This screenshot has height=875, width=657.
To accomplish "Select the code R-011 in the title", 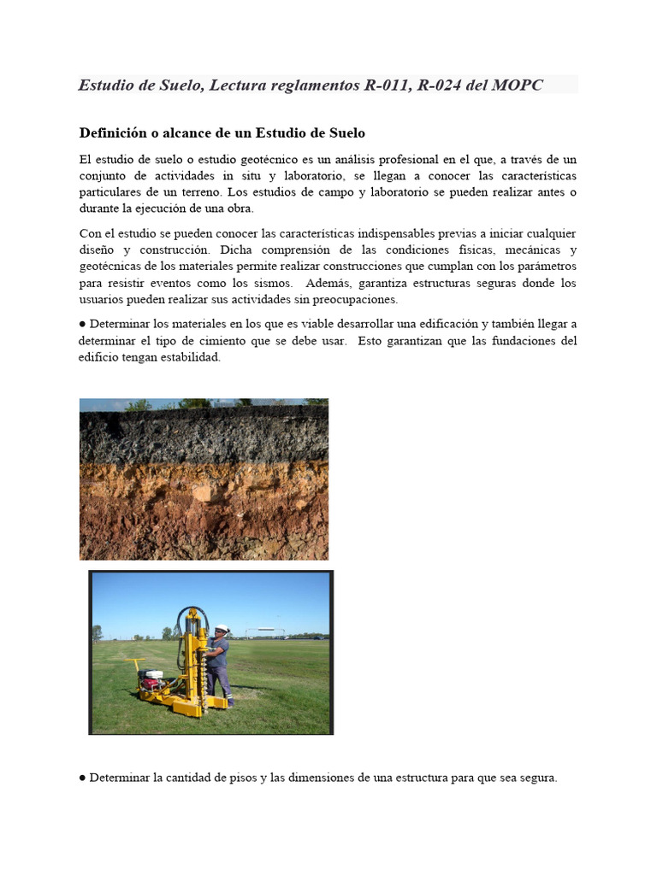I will coord(385,85).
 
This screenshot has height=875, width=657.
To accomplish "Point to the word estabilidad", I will coord(192,357).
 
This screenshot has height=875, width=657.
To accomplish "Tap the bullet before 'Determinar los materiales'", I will coord(83,325).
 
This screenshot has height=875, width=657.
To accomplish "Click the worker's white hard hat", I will coord(221,629).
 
